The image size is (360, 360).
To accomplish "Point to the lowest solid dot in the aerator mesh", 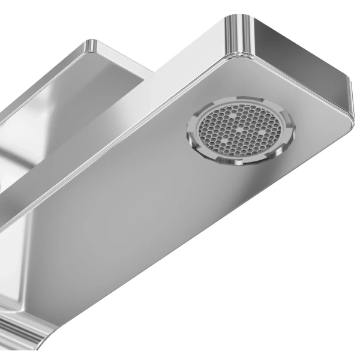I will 224,142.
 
